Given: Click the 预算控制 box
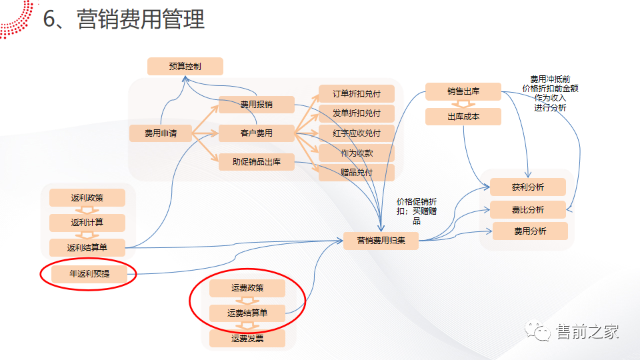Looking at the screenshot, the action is coord(185,66).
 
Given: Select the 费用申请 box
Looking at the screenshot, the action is coord(161,133).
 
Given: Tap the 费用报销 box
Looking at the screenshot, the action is coord(257,105).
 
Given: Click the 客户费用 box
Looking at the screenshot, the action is coord(257,133).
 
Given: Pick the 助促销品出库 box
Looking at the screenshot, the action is coord(257,161).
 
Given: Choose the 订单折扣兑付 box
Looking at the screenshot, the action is coord(357,94).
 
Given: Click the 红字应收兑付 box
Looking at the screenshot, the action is coord(357,133).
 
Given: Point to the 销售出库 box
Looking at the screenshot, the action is coord(463,91).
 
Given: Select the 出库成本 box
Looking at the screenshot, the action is coord(463,116).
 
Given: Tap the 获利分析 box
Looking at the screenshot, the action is coord(528,187).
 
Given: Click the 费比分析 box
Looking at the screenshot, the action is coord(528,209).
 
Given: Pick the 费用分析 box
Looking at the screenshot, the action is coord(530,231).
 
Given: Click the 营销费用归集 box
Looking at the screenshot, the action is coord(381,241).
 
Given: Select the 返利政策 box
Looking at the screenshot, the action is coord(87,198).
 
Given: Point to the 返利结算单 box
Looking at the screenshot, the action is coord(87,247).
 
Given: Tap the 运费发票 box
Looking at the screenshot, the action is coord(247,339).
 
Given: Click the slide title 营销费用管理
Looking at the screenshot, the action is coord(141,20).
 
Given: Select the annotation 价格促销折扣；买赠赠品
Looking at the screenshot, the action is coord(417,211).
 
